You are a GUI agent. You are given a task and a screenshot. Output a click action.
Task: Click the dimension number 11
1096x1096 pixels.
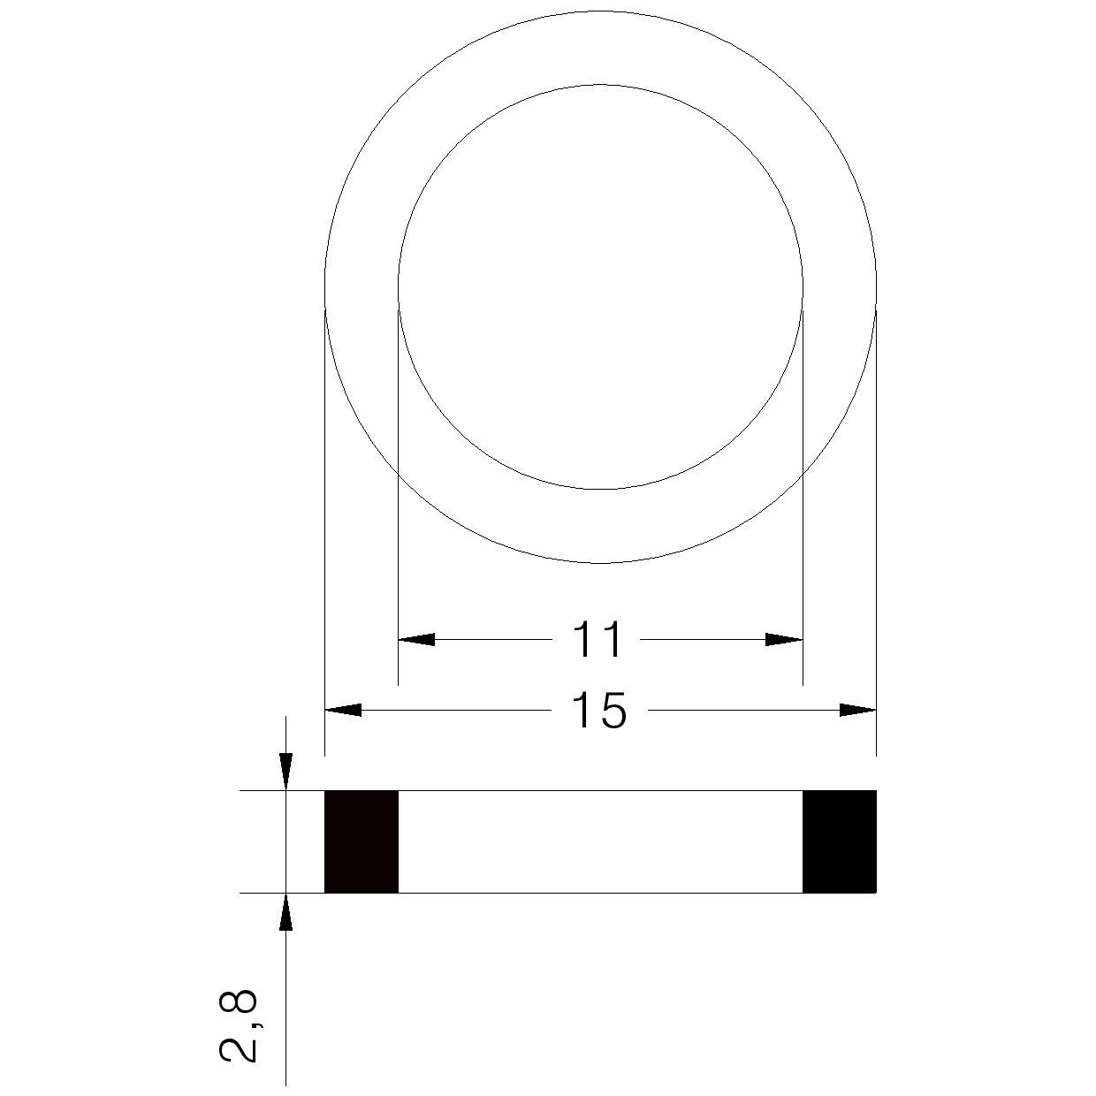[x=597, y=639]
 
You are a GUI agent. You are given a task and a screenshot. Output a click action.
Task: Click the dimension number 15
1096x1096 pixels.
[x=598, y=710]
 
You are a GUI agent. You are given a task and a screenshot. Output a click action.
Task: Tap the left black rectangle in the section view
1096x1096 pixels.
[x=362, y=841]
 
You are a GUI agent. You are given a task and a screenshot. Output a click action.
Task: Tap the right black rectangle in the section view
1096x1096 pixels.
[x=839, y=841]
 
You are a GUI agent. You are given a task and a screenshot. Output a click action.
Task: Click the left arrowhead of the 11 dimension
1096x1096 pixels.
[x=416, y=639]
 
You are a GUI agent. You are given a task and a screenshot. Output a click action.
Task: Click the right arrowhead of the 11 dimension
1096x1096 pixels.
[x=784, y=639]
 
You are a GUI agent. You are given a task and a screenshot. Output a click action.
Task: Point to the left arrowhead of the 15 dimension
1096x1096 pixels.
[x=342, y=710]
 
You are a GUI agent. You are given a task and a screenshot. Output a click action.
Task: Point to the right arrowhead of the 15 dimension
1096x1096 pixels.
[x=857, y=710]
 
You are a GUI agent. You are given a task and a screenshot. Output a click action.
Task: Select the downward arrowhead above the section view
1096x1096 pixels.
[x=285, y=772]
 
